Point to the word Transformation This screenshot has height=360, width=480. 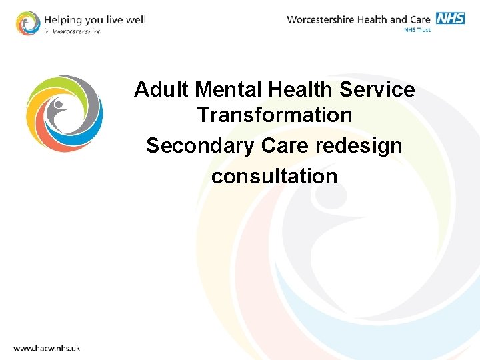point(274,115)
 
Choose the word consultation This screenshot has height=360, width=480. point(274,176)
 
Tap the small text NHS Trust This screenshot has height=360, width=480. point(417,30)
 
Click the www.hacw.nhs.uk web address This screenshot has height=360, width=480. point(47,347)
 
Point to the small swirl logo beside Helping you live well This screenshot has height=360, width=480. point(28,23)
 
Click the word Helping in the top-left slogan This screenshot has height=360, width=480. point(61,19)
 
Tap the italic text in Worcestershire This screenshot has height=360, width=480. point(73,31)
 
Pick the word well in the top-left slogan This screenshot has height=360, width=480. point(135,19)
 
